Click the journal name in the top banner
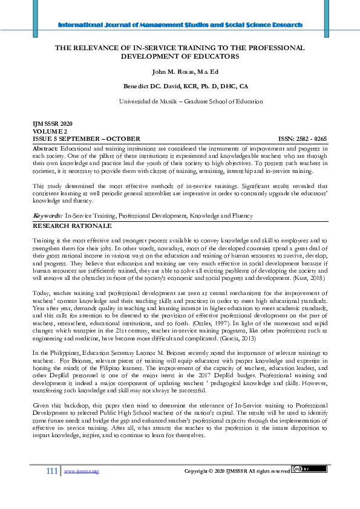coord(180,25)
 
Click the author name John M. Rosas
coord(180,73)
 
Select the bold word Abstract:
coord(45,148)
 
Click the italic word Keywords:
coord(47,215)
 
